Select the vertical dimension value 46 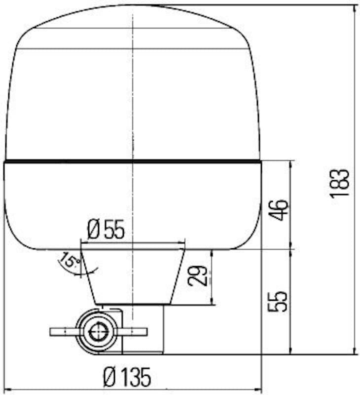pos(279,210)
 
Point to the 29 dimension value pos(197,276)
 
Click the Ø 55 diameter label pos(106,230)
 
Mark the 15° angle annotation pos(69,261)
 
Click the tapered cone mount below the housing pos(133,276)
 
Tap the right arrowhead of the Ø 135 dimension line pos(258,390)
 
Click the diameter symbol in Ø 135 pos(109,378)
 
